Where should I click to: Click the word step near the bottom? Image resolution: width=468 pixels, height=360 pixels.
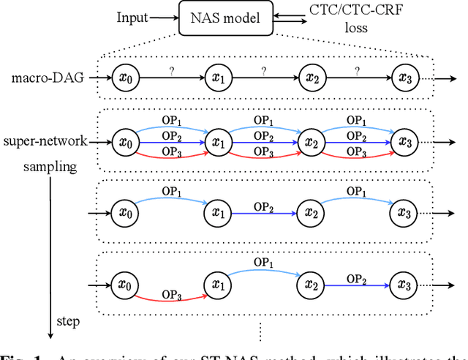69,320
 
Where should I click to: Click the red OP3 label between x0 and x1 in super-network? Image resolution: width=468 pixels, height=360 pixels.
170,151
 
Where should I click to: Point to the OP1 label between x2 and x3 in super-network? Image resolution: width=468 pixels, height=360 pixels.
356,120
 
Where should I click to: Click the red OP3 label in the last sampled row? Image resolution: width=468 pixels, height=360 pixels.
170,295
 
